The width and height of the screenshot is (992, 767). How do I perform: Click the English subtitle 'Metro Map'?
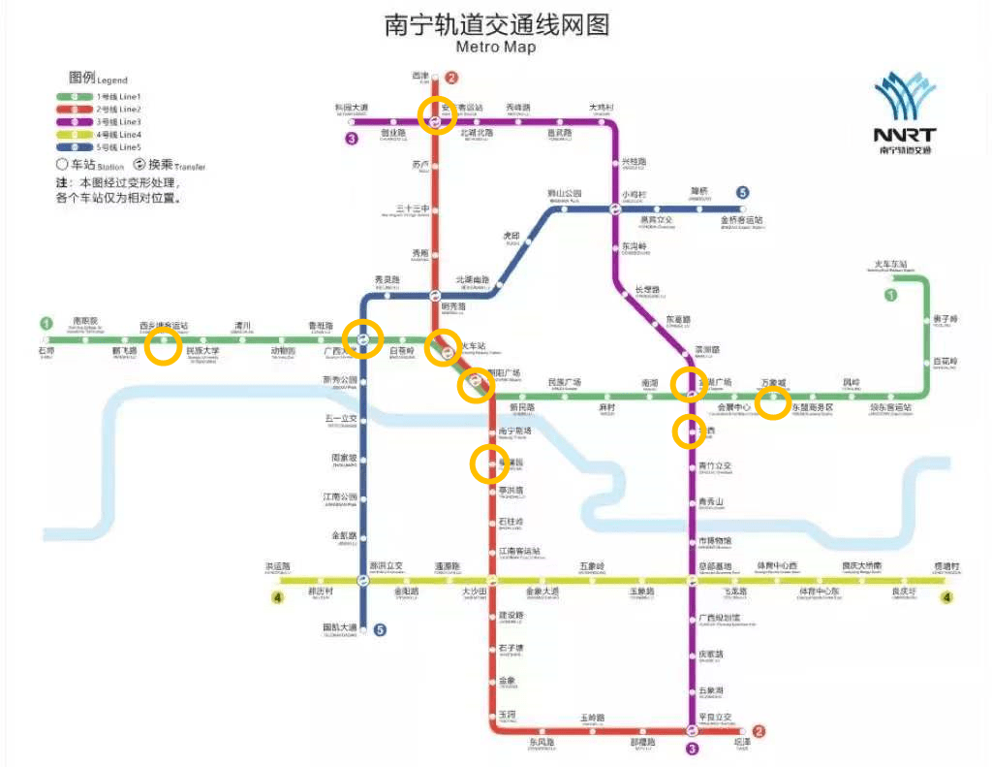[495, 47]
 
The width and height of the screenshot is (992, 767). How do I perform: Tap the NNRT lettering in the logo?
[904, 135]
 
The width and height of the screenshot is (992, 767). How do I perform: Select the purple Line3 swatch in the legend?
[74, 122]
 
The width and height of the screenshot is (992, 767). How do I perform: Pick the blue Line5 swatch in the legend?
[74, 146]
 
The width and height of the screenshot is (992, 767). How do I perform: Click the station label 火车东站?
[891, 265]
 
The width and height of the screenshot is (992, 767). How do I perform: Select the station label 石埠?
[46, 351]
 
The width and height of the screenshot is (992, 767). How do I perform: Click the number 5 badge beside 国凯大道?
[380, 630]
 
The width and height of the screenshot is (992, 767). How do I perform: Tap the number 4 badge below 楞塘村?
[947, 597]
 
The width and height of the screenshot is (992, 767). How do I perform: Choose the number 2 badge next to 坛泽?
[759, 732]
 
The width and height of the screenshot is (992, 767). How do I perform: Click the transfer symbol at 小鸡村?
[615, 208]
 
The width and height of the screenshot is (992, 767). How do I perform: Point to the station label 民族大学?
[202, 351]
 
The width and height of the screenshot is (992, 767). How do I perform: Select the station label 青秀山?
[711, 502]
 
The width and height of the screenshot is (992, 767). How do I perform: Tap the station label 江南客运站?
[520, 552]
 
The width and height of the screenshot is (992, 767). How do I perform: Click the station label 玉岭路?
[593, 718]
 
